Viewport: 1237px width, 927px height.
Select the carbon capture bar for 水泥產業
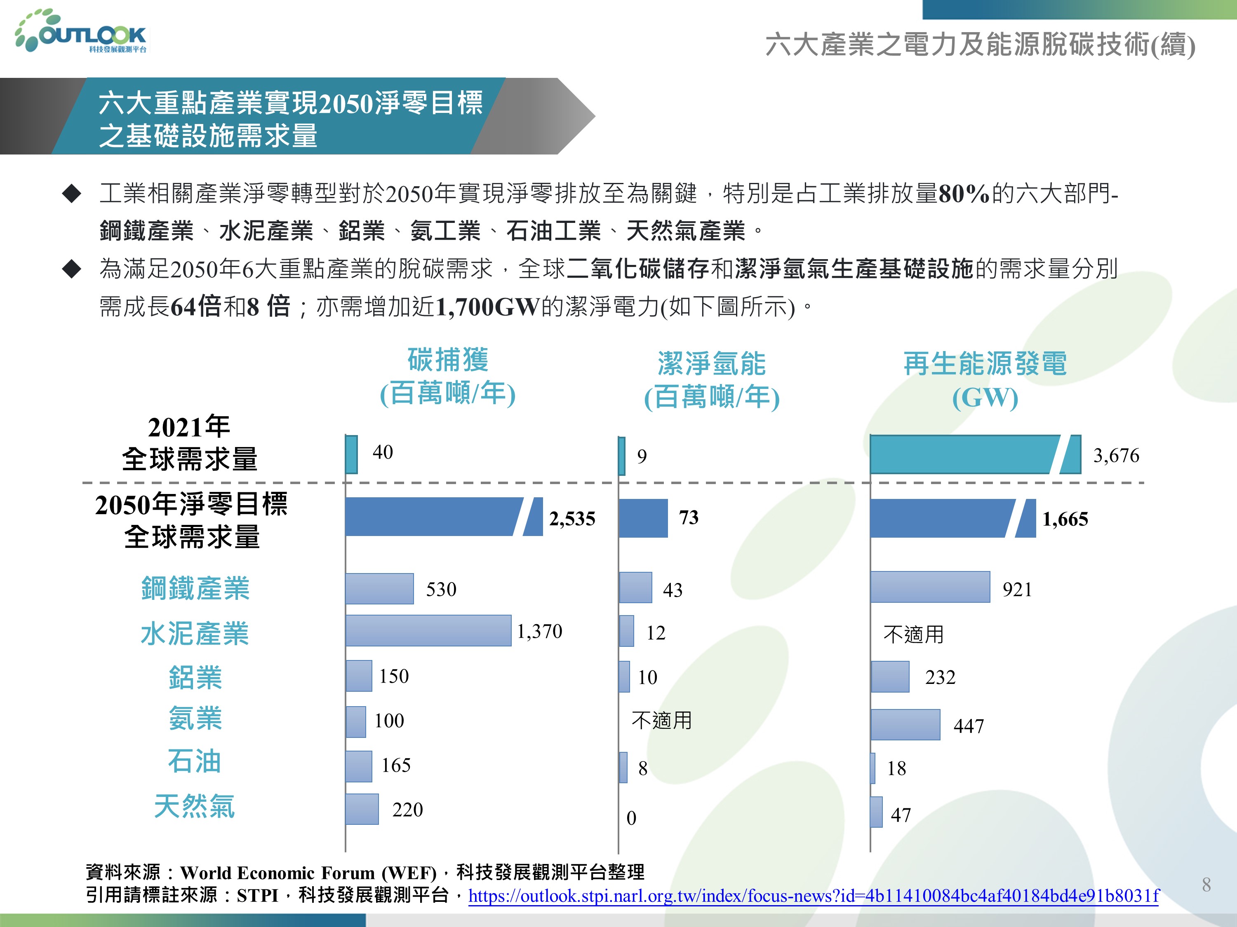pos(428,631)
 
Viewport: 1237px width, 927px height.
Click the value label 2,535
pos(571,519)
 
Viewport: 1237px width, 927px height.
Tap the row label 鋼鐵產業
pos(195,588)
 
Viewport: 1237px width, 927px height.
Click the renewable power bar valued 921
pos(929,587)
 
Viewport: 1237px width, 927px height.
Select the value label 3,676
pos(1116,455)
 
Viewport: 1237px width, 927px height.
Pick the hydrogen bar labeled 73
pos(643,518)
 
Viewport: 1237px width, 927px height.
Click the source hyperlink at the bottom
pos(813,896)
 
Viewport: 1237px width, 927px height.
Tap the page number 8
pos(1206,885)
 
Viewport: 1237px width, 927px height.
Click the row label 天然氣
pos(195,806)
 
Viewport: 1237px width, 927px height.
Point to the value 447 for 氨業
pos(968,726)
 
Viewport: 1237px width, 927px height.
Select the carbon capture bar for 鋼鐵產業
pos(379,588)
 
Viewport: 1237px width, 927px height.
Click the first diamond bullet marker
pos(72,194)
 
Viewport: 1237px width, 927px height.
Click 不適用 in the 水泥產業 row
pos(913,634)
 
